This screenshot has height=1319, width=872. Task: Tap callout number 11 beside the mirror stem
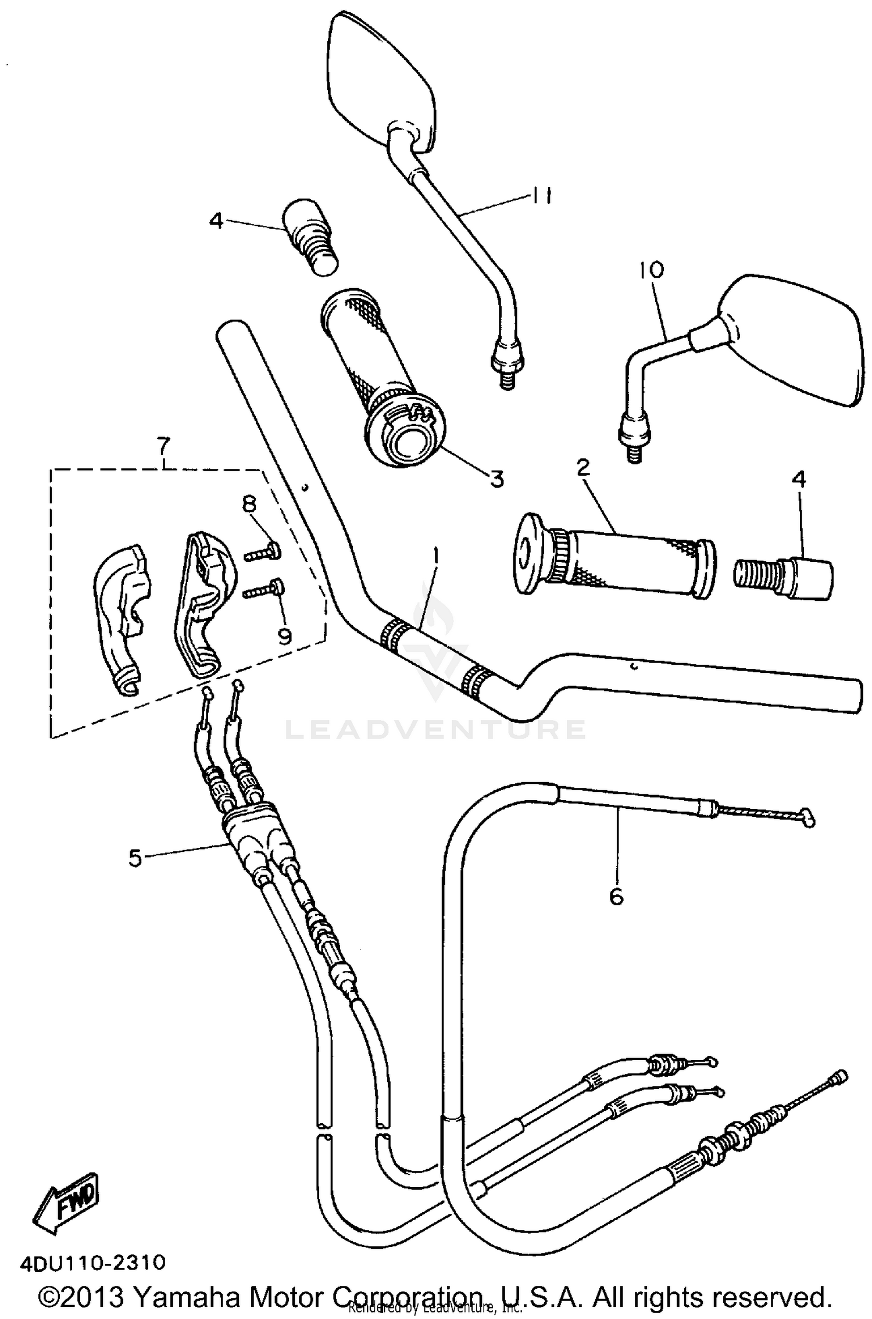pos(540,196)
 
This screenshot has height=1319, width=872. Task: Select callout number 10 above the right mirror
pos(651,270)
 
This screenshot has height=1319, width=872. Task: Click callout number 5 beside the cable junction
pos(135,857)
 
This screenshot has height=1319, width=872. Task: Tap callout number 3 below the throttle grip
pos(496,479)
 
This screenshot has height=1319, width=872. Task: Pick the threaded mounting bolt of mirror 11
pos(508,378)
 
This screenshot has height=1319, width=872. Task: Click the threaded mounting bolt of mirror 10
pos(635,450)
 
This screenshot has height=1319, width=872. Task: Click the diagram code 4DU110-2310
pos(94,1262)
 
